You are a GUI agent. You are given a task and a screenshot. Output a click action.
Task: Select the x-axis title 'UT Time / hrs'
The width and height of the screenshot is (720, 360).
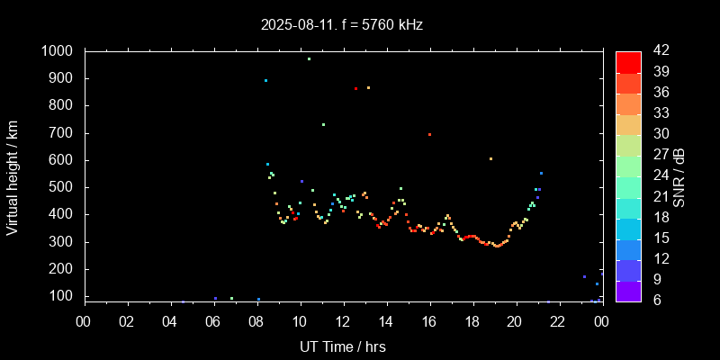click(343, 346)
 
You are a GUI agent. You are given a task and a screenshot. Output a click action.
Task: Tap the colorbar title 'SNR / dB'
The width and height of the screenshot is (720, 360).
click(679, 175)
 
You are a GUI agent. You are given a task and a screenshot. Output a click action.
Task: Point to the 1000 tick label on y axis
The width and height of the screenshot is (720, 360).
click(60, 51)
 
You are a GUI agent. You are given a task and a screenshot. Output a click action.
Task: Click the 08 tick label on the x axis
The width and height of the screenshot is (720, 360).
click(256, 322)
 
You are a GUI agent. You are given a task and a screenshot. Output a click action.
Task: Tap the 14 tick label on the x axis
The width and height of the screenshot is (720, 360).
click(386, 322)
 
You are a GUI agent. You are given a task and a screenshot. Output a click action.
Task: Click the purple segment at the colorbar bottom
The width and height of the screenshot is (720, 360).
click(628, 291)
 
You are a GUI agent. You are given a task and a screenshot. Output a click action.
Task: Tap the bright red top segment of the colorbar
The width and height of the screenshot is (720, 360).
click(628, 61)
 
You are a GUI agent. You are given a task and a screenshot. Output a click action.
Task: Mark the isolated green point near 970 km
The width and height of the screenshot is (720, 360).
click(309, 59)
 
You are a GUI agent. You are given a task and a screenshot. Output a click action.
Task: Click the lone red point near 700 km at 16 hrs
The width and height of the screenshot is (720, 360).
click(429, 134)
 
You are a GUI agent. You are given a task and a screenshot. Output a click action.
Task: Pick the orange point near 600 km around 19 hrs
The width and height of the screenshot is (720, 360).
click(490, 159)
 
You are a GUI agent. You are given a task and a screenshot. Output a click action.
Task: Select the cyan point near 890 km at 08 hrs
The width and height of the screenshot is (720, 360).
click(265, 81)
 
